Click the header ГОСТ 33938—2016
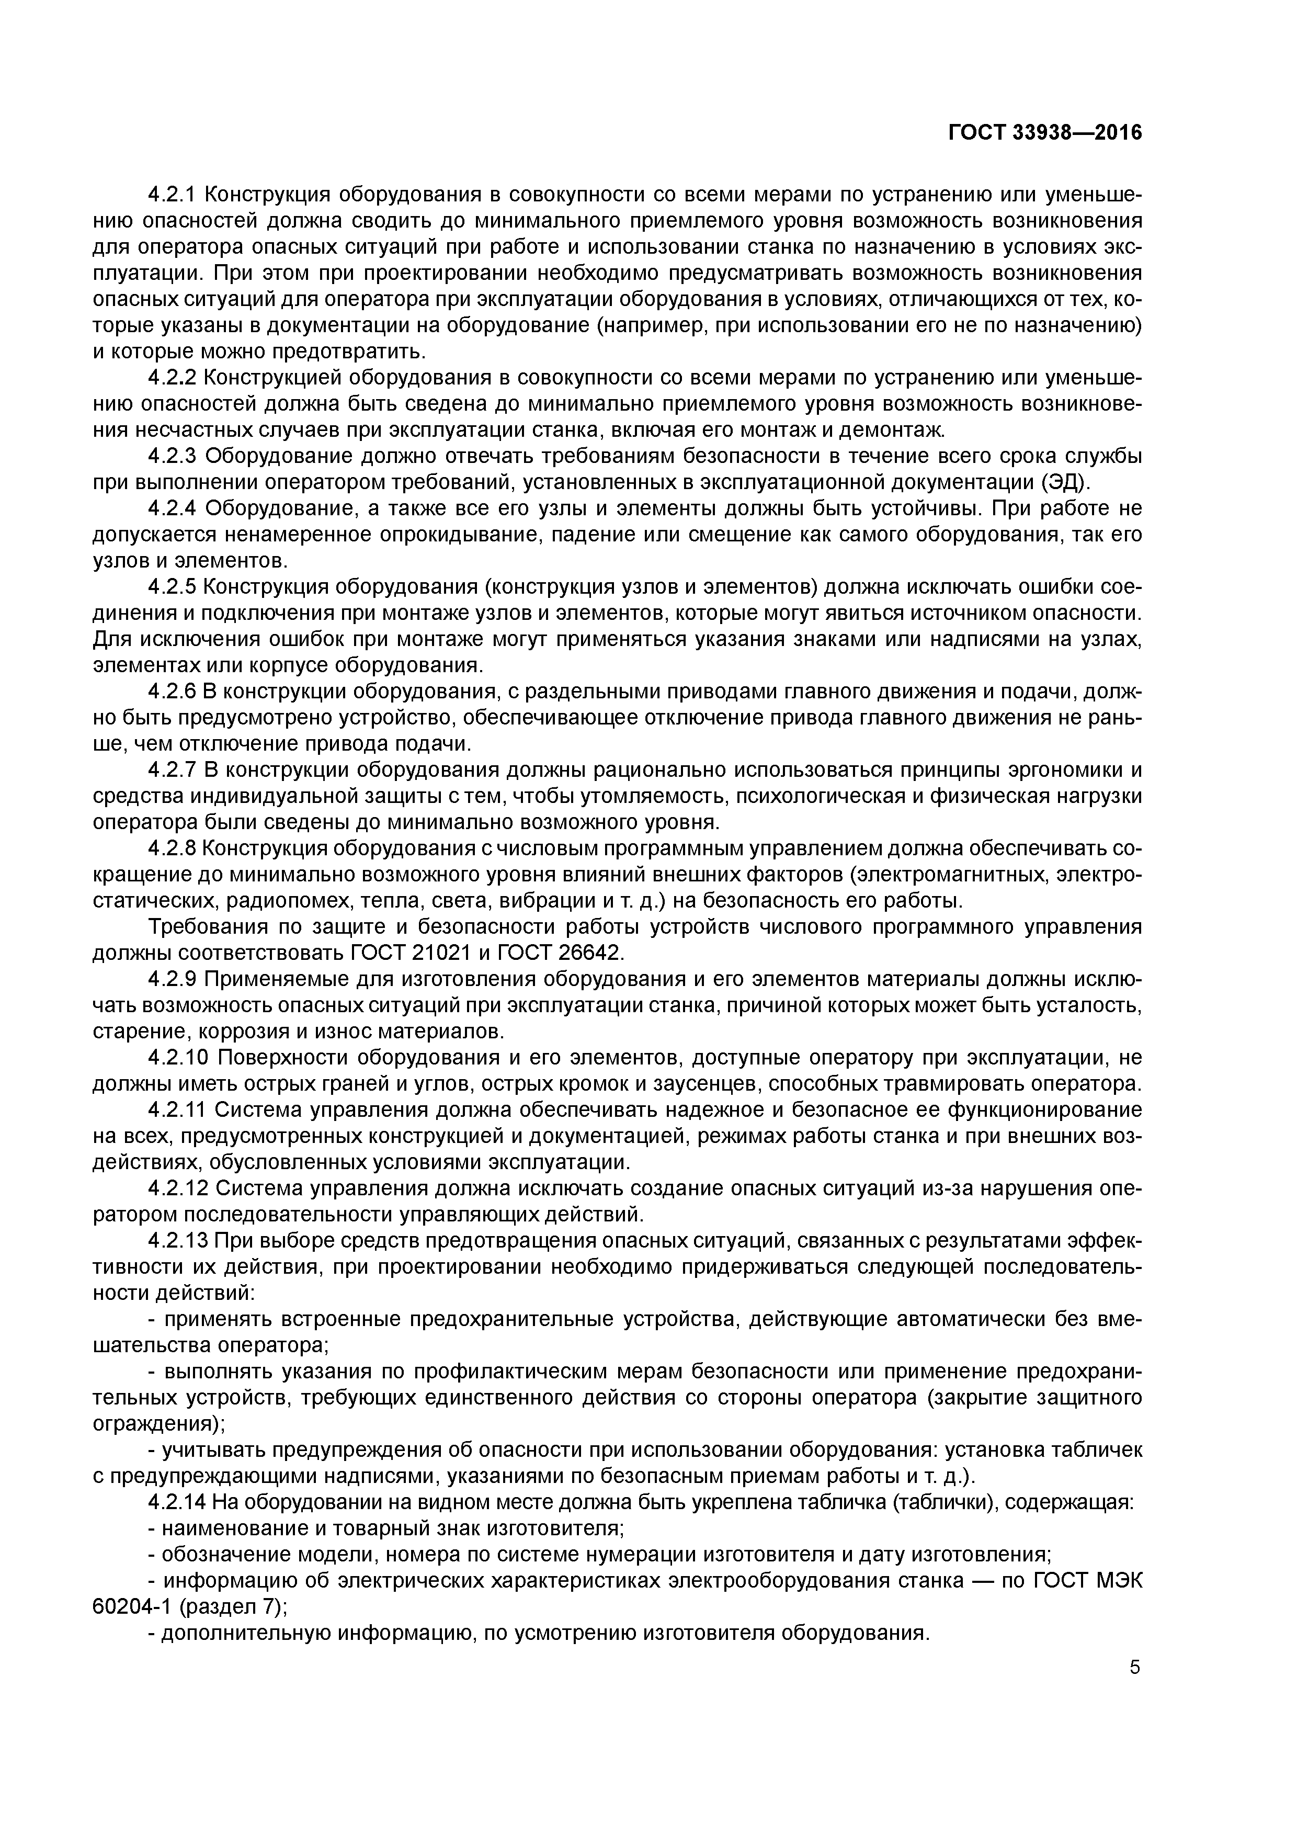point(1044,133)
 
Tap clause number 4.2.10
point(178,1058)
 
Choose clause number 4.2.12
point(178,1188)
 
